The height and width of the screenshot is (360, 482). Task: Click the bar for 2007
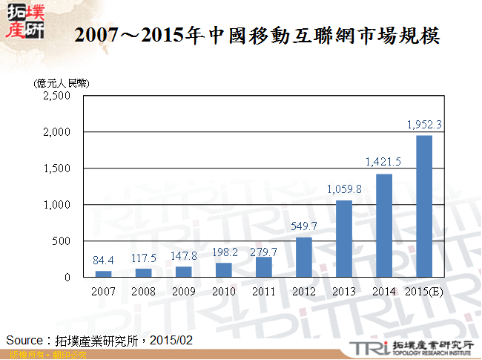tap(103, 274)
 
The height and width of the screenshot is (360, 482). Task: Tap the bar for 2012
tap(304, 257)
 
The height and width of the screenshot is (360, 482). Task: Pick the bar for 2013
tap(344, 238)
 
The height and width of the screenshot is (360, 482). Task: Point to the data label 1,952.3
tap(425, 125)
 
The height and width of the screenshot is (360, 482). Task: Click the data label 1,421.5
tap(383, 162)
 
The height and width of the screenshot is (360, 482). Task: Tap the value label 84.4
tap(103, 261)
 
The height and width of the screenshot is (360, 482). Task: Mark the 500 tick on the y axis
tap(61, 241)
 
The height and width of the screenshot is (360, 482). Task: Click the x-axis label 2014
tap(383, 291)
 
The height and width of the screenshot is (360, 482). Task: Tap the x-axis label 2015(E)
tap(425, 291)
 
